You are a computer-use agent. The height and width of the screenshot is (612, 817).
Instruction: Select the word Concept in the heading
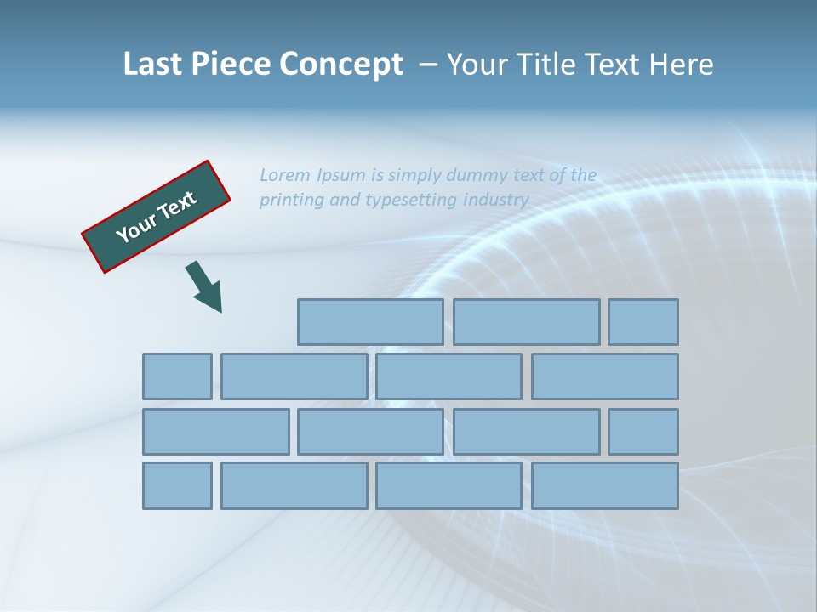click(343, 65)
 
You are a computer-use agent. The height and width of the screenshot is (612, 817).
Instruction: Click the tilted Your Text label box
click(157, 217)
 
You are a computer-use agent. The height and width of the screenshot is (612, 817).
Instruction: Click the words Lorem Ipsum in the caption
click(312, 176)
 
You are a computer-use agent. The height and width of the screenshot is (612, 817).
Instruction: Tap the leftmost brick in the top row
click(370, 322)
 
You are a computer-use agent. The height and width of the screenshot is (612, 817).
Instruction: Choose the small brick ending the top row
click(643, 322)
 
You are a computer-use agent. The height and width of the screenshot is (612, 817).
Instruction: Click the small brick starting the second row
click(177, 377)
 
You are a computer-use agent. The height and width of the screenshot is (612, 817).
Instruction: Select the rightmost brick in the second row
click(605, 377)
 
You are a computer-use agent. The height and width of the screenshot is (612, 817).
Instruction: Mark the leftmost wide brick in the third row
click(215, 432)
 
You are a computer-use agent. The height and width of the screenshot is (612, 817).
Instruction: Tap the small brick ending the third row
click(643, 432)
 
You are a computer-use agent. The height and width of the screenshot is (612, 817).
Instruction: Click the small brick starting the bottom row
click(177, 486)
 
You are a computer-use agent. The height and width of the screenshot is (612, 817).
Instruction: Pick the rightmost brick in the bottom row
click(605, 486)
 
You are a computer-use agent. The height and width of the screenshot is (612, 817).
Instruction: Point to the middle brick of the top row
click(526, 322)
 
